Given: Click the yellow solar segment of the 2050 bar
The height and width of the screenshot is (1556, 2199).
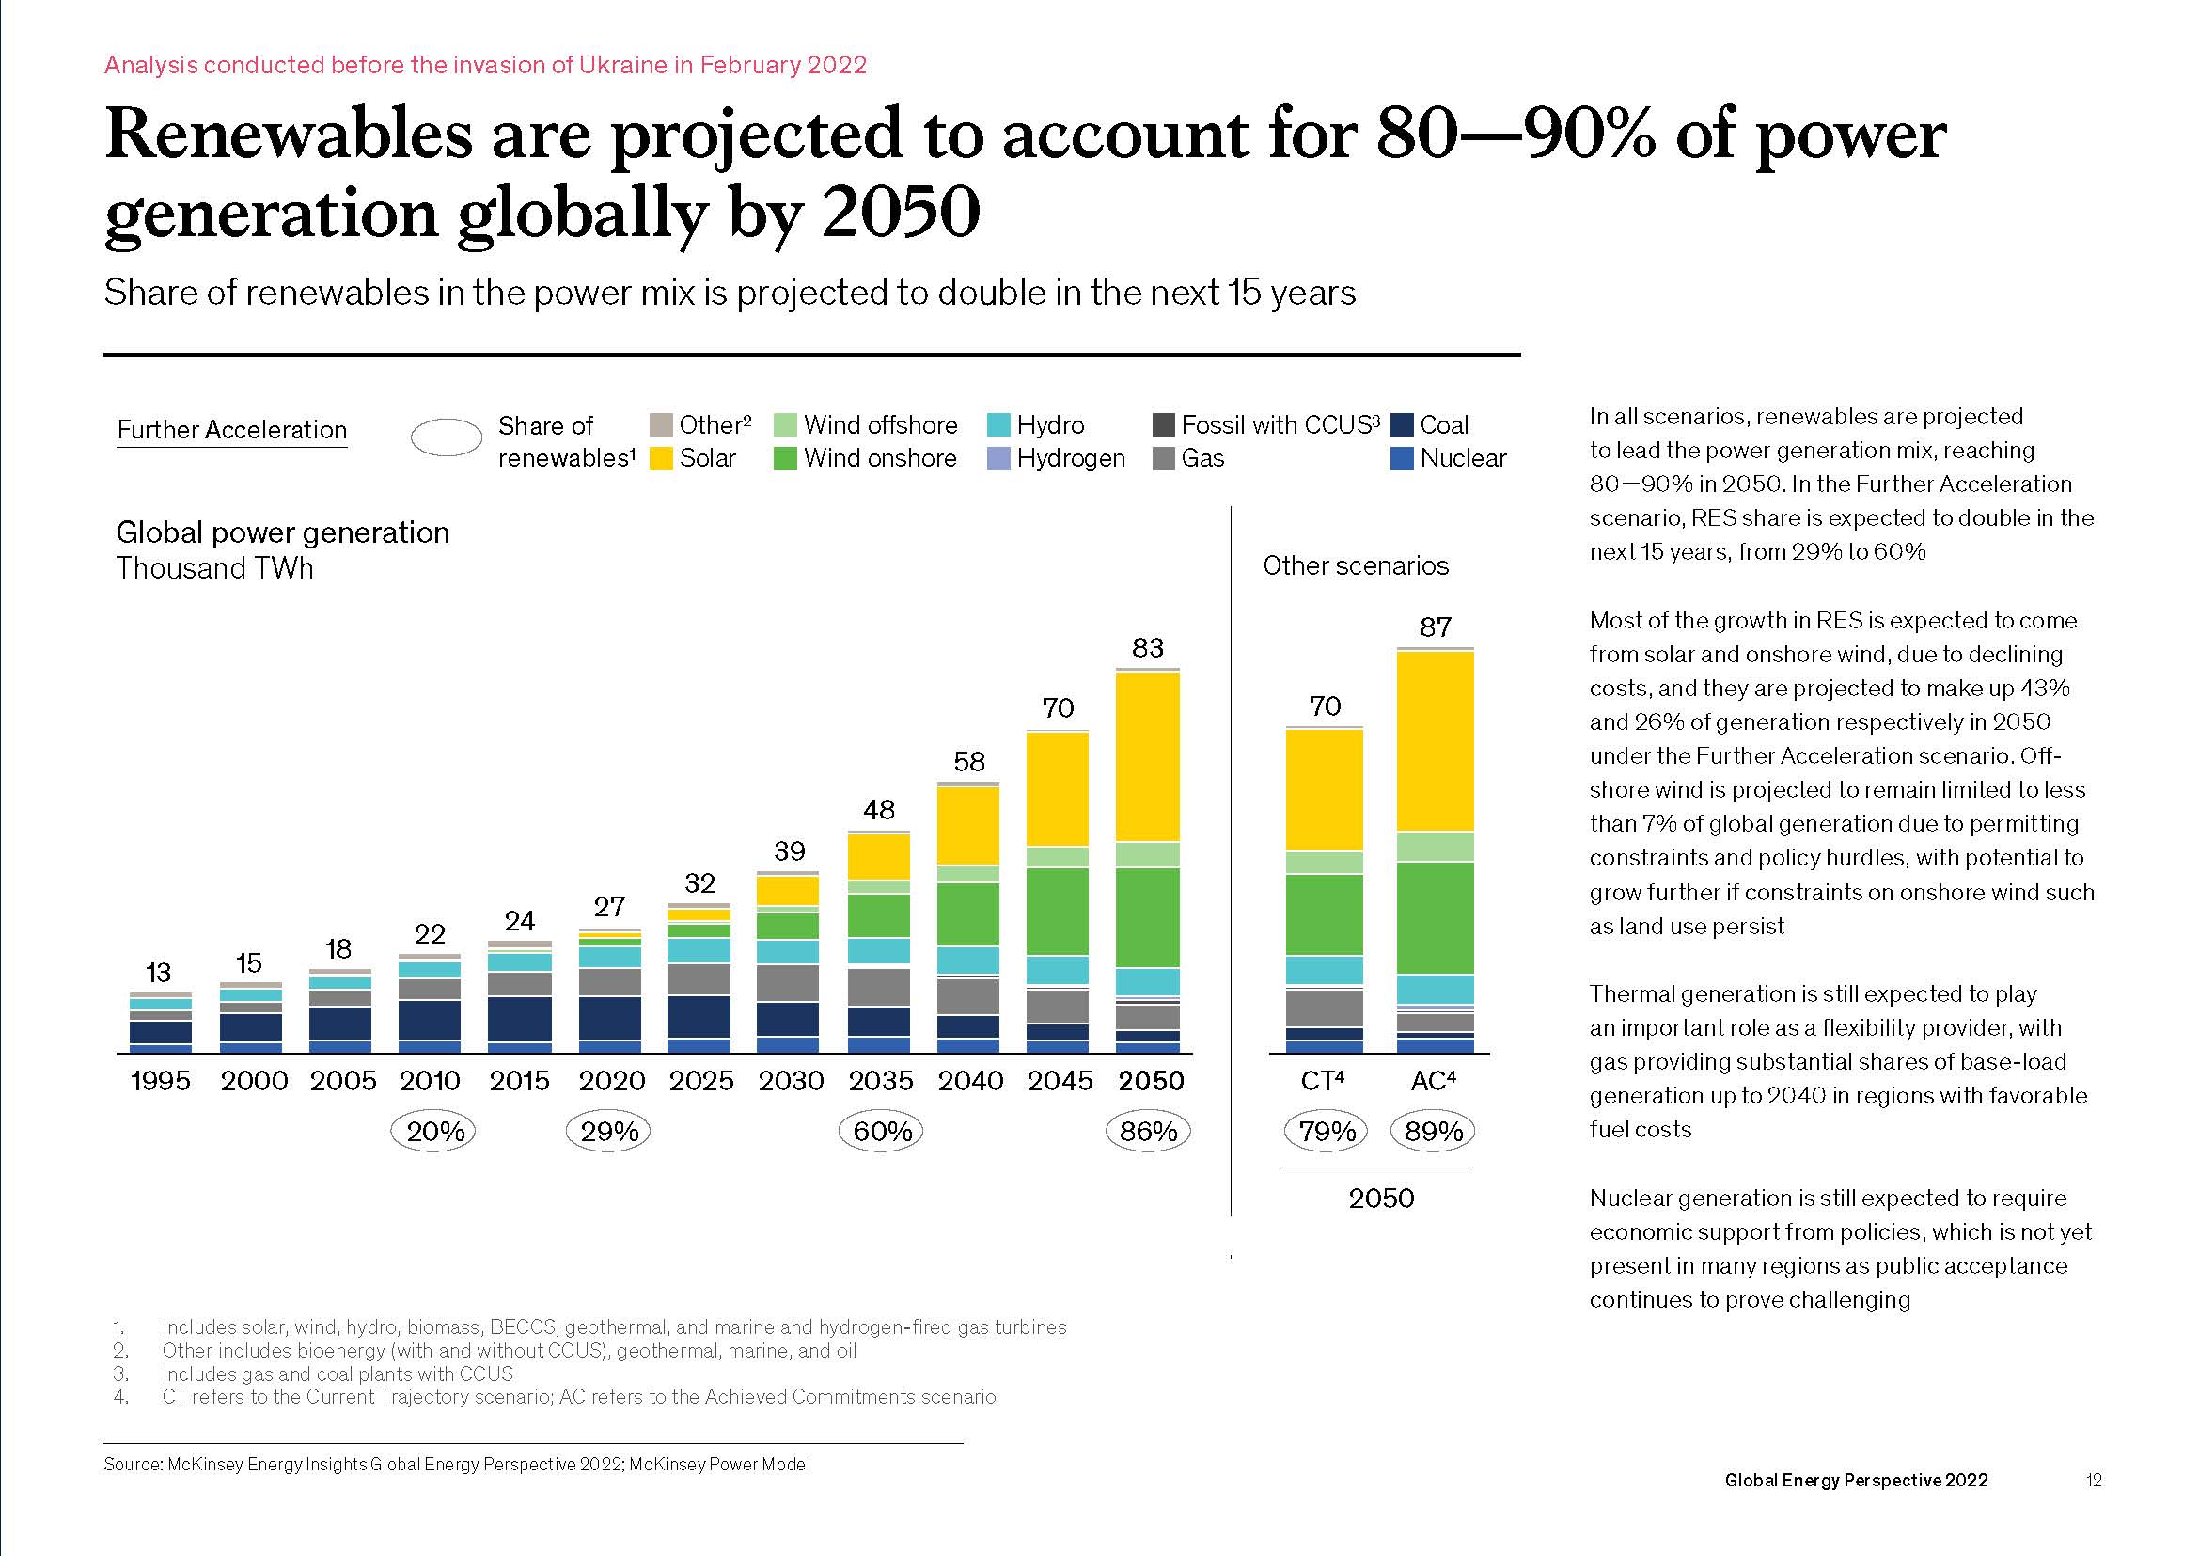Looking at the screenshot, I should [x=1147, y=757].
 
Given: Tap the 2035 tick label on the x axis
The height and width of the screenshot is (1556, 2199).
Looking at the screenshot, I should [x=880, y=1081].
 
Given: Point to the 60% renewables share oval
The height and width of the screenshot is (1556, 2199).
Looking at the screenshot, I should [x=881, y=1132].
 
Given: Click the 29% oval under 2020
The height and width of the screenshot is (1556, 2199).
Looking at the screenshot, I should [x=609, y=1132].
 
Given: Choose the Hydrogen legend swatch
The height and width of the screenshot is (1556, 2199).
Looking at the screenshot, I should [x=998, y=459].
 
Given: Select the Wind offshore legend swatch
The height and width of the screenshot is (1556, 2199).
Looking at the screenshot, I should [x=784, y=424].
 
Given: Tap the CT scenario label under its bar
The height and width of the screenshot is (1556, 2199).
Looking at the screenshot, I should [x=1323, y=1081].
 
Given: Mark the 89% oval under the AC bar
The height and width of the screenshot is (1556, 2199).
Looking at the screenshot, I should [x=1433, y=1132].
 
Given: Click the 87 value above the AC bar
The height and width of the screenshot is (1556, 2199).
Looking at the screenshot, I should [x=1435, y=627].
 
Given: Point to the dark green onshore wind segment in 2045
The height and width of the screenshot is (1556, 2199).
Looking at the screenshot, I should [x=1058, y=911].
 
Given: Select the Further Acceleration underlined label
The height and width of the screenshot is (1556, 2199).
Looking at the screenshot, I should [x=232, y=430].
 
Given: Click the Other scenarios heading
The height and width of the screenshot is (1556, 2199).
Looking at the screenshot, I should [x=1356, y=566].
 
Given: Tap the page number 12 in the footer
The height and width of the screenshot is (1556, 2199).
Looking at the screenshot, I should [x=2094, y=1481].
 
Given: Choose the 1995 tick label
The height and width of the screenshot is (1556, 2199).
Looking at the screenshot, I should [x=160, y=1081].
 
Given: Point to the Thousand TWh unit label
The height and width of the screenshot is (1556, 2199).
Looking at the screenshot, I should [x=214, y=569].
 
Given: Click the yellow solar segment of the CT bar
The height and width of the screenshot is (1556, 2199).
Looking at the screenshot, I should [x=1324, y=790].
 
